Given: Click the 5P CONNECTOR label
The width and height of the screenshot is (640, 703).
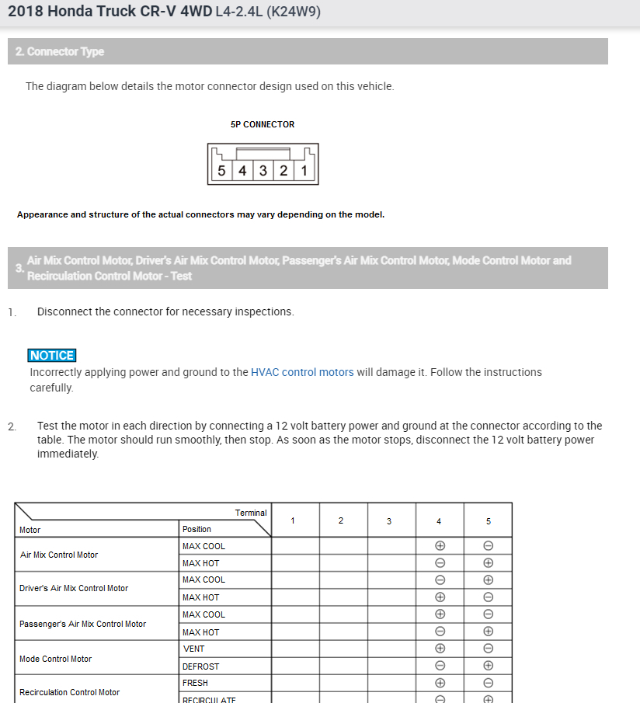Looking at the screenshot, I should [263, 124].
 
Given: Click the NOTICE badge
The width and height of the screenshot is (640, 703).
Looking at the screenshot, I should [52, 356].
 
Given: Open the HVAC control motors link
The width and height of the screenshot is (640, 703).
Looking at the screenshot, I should [302, 372].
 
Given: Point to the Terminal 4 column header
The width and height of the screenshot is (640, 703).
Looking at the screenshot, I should [440, 520].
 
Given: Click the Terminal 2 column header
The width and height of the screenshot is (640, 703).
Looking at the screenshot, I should [341, 520].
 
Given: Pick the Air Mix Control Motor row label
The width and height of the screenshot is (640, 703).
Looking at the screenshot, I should [59, 555].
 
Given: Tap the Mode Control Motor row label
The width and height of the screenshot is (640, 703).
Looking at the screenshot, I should [55, 659].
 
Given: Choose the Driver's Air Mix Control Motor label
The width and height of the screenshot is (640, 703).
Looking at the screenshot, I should [74, 588].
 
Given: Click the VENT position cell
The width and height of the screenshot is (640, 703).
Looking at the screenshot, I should [194, 649].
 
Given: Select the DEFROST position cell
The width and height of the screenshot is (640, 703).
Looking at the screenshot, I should [201, 666].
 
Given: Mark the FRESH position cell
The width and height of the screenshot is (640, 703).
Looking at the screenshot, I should [196, 683].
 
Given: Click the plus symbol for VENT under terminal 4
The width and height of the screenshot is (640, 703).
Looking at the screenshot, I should [440, 649].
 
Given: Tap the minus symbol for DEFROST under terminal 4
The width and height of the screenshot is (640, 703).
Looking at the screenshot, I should [440, 666].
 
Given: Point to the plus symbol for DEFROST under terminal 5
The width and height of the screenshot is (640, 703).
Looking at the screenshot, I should [489, 666].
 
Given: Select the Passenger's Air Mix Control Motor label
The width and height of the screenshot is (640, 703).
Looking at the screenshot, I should [82, 624].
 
